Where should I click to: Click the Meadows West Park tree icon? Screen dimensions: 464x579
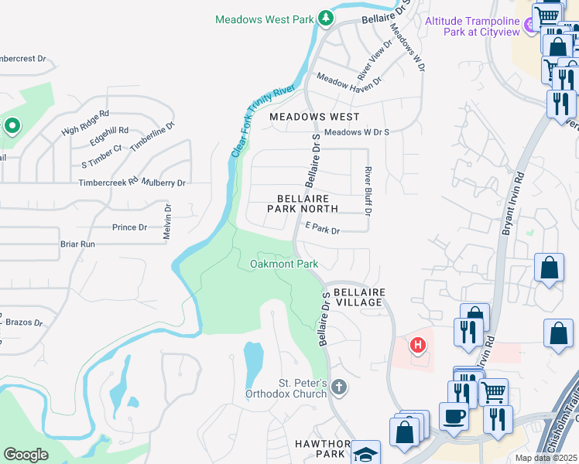click(327, 19)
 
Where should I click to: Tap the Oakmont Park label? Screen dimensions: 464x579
click(284, 264)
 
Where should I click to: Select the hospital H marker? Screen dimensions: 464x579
click(418, 345)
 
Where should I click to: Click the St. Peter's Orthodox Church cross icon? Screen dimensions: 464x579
click(338, 386)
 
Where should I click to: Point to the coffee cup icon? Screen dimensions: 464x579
click(454, 416)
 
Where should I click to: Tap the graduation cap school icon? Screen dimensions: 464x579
click(365, 454)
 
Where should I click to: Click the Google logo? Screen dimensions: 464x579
click(26, 455)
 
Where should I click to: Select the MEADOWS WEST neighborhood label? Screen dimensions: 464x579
click(314, 117)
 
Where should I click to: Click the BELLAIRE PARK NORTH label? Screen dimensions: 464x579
click(303, 203)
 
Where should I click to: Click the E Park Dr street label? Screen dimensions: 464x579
click(323, 230)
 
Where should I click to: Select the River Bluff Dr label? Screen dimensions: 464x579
click(369, 190)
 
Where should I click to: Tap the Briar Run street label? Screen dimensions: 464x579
click(77, 244)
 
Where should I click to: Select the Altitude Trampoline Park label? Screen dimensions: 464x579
click(474, 26)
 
